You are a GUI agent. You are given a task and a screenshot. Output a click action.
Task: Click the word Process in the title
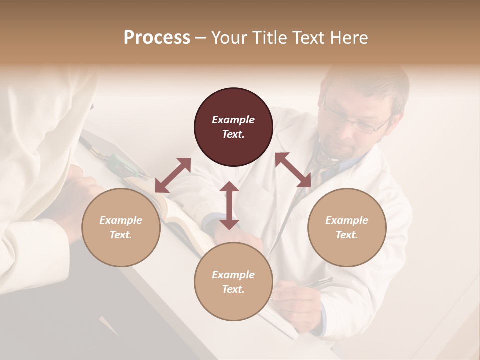tap(157, 38)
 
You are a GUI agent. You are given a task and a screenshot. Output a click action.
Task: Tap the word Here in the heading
tap(349, 38)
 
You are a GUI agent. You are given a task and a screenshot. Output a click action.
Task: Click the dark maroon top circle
tap(233, 127)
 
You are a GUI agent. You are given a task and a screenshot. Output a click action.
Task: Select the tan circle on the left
tap(121, 227)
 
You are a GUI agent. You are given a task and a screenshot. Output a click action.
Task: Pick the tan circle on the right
tap(347, 227)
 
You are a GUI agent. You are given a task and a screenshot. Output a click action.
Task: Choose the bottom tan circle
tap(233, 282)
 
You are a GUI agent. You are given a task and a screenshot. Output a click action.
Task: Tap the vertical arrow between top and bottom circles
tap(229, 205)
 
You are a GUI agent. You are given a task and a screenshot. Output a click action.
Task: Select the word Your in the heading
tap(230, 38)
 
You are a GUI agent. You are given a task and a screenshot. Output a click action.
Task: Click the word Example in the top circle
tap(233, 120)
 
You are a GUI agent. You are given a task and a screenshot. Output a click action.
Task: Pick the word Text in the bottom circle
tap(233, 289)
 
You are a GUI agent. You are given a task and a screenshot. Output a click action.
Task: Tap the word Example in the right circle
tap(347, 220)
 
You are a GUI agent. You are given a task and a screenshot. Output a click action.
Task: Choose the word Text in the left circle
tap(121, 235)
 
